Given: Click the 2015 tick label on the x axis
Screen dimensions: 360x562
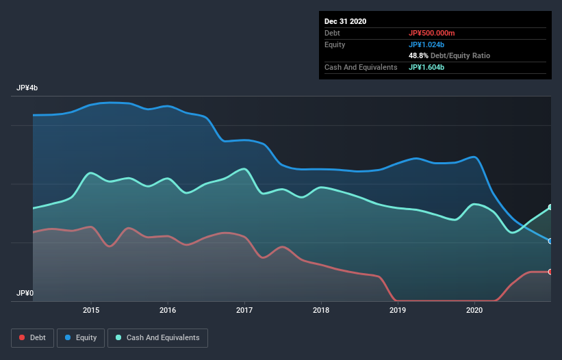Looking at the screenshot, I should click(x=91, y=310).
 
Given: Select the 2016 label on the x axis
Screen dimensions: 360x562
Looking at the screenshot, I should click(x=168, y=310).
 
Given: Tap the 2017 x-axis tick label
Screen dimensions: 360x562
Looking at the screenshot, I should click(x=244, y=310).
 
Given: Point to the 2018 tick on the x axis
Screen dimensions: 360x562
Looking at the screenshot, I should click(x=321, y=310).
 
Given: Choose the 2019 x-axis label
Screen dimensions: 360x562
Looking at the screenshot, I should click(x=398, y=310).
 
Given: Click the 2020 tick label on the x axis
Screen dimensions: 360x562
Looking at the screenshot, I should click(x=474, y=310).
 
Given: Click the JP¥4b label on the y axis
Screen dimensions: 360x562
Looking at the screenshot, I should click(x=27, y=88).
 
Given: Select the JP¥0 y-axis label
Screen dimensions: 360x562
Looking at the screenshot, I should click(x=25, y=293).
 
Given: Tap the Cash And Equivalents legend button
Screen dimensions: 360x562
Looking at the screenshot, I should click(x=157, y=337).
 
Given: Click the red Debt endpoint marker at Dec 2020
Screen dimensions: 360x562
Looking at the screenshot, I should click(x=550, y=272).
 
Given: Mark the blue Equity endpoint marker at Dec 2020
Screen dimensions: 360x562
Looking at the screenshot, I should click(x=550, y=241).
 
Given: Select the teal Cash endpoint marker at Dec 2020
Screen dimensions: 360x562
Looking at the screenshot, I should click(x=550, y=207).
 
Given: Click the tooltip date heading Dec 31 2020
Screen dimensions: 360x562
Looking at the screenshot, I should click(x=345, y=21).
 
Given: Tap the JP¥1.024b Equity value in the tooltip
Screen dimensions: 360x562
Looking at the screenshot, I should click(x=427, y=44).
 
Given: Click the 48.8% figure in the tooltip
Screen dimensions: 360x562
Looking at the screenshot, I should click(x=419, y=55).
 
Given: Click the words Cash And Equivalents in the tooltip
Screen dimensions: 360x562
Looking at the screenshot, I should click(x=361, y=67).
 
